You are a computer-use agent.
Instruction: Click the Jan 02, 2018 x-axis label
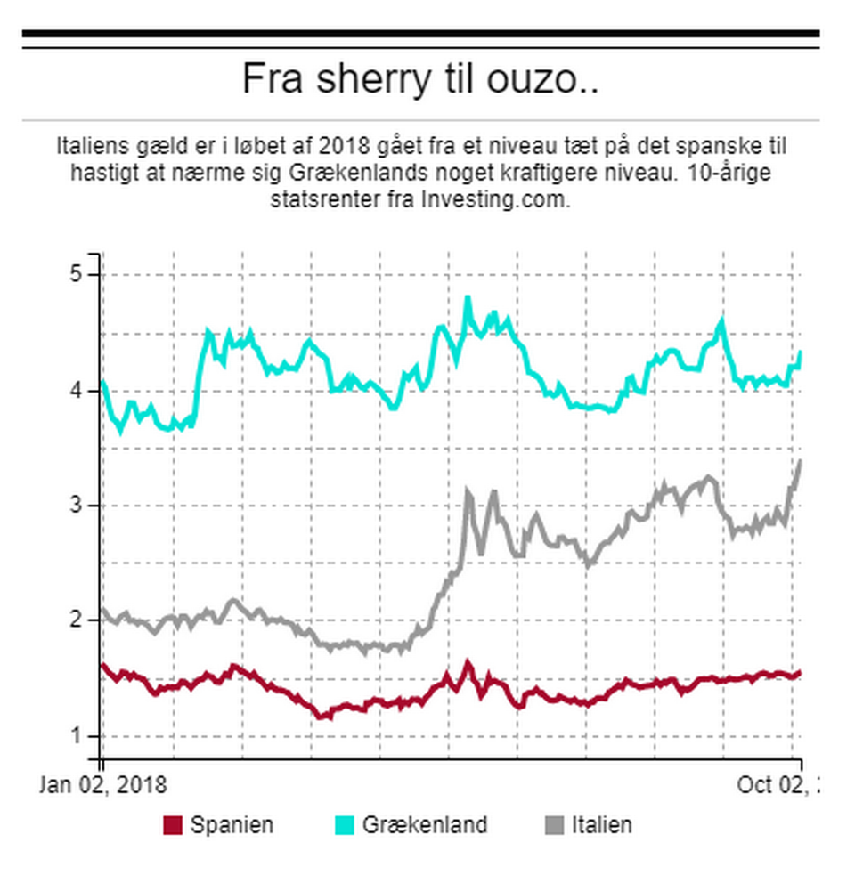point(103,785)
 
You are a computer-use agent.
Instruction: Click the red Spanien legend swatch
point(173,825)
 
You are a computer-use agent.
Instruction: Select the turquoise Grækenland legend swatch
point(344,825)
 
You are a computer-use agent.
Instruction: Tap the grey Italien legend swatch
point(554,825)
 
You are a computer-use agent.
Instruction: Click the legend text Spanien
point(232,825)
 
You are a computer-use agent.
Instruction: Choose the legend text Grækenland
point(425,825)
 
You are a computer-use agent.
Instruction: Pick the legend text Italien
point(602,825)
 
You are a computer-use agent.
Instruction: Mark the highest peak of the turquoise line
point(468,299)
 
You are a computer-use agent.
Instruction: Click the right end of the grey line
point(800,461)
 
